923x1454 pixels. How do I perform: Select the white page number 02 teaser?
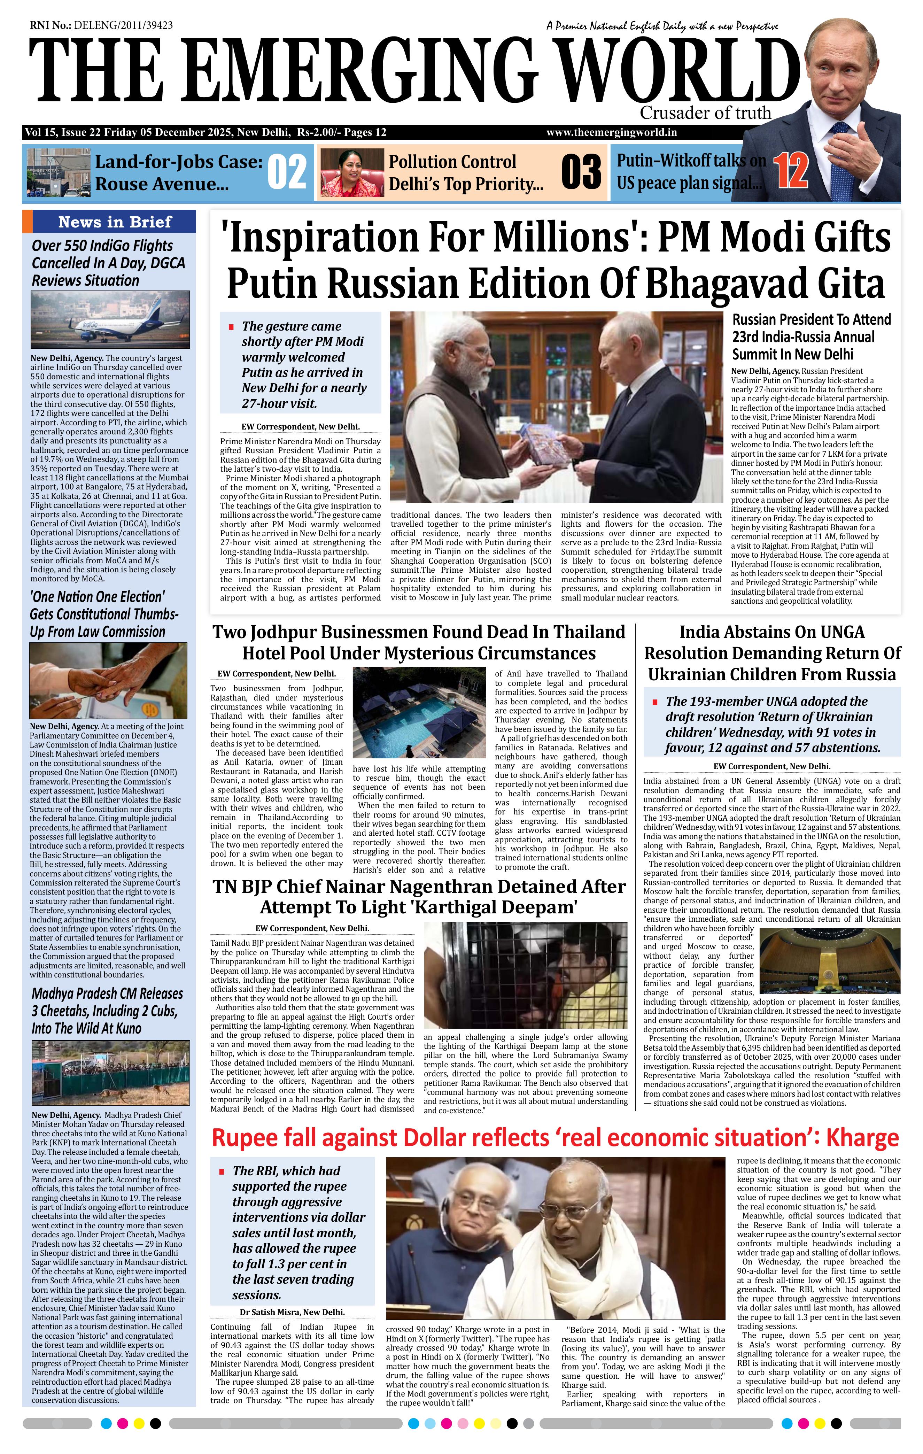tap(287, 172)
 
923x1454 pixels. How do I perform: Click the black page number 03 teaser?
tap(581, 172)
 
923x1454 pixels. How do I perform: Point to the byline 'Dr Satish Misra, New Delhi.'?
tap(292, 1312)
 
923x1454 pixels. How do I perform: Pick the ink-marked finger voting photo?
tap(109, 681)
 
